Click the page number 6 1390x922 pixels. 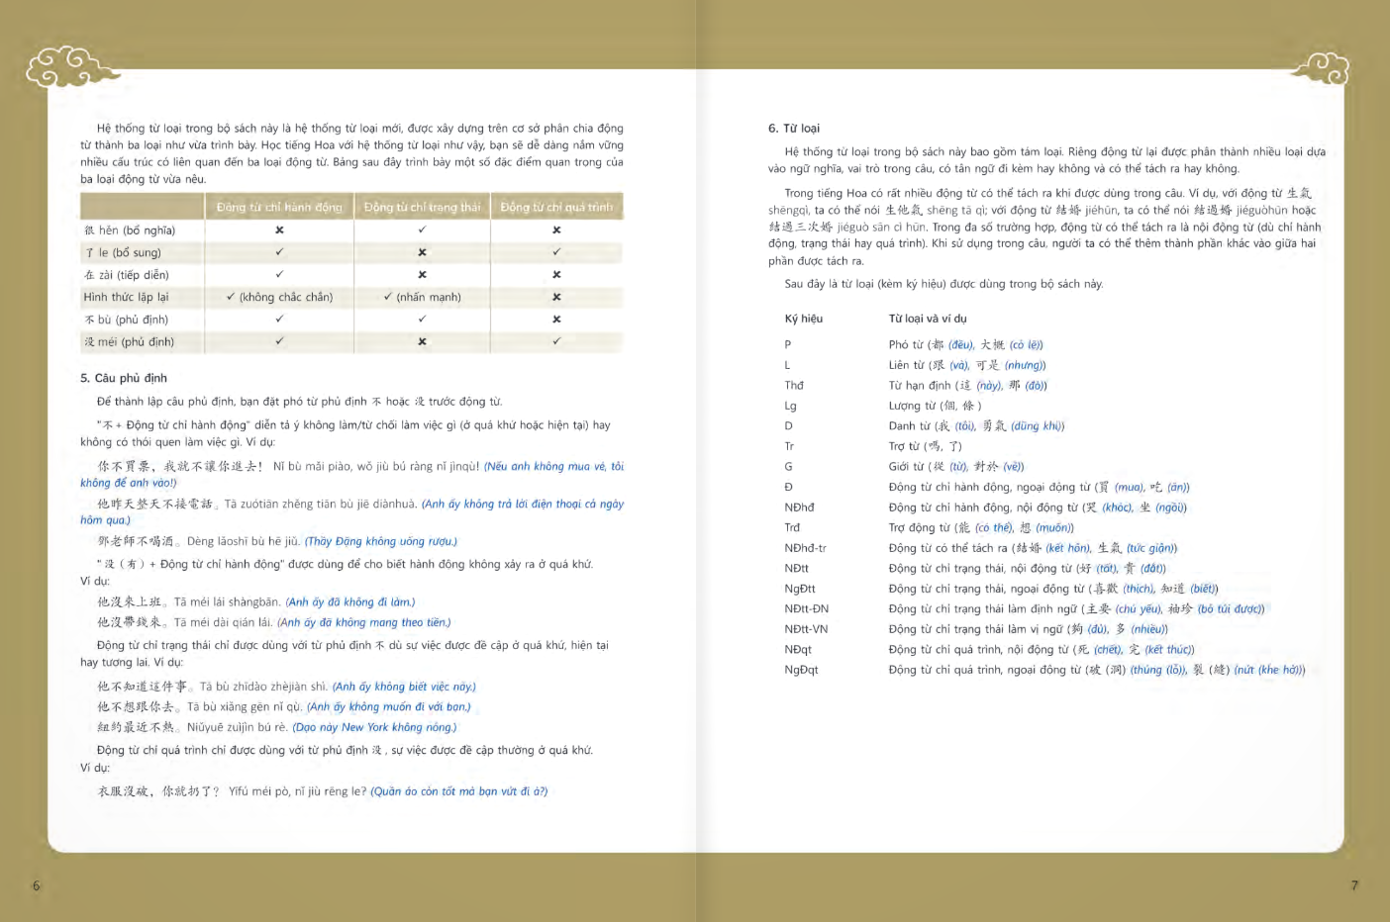[37, 885]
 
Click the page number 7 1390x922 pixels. [1354, 885]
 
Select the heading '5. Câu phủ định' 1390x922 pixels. [124, 378]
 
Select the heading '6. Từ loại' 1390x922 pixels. [794, 129]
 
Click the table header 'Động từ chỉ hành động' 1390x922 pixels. [279, 207]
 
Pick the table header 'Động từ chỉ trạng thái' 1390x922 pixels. [422, 207]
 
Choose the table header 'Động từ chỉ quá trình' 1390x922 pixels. [556, 207]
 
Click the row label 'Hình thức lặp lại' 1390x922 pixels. [126, 297]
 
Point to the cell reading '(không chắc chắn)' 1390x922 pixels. [285, 297]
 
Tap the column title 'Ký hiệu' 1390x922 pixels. [804, 319]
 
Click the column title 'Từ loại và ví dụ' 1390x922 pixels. [928, 319]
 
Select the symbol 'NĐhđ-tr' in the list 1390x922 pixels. [805, 548]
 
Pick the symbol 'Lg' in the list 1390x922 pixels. [790, 406]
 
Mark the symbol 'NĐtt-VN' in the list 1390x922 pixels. [806, 629]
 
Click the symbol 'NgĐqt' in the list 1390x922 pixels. [801, 670]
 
